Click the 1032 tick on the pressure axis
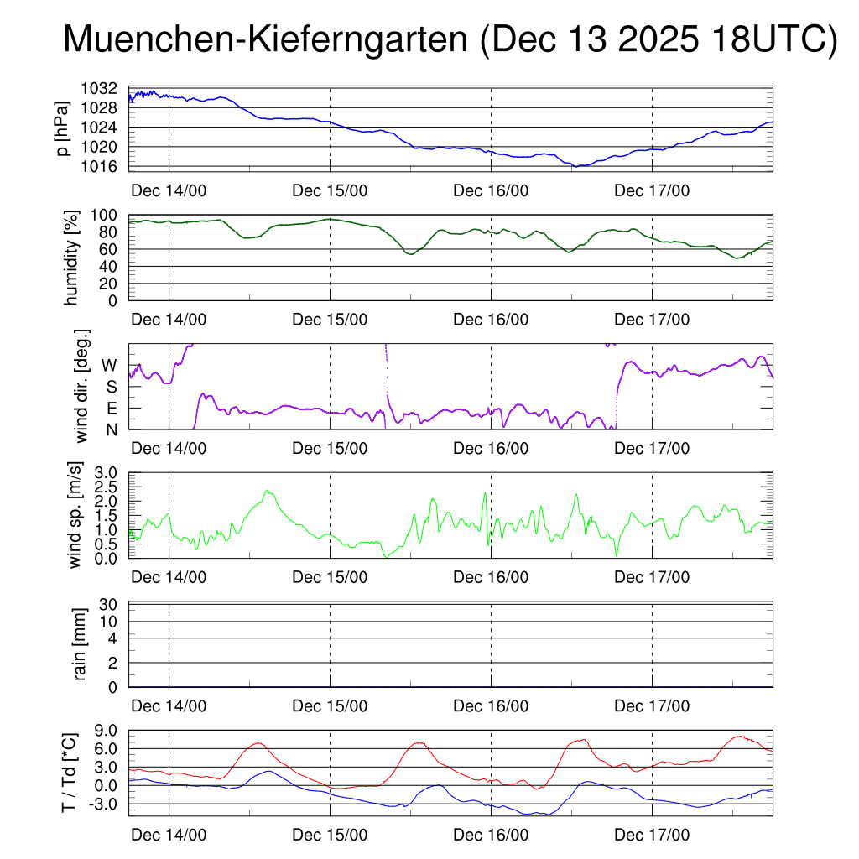click(x=99, y=88)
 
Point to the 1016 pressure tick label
click(x=99, y=165)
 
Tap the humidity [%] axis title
click(x=73, y=258)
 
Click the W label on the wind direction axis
click(x=109, y=365)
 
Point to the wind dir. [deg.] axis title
click(x=82, y=386)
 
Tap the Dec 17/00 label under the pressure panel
click(x=652, y=190)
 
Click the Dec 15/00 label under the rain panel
click(x=330, y=706)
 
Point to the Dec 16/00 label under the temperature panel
click(x=491, y=836)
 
